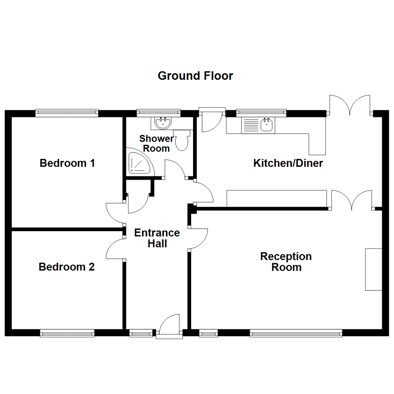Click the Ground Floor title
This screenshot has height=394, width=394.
click(x=195, y=76)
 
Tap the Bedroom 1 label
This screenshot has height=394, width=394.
click(x=67, y=163)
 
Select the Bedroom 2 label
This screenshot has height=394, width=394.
click(x=67, y=267)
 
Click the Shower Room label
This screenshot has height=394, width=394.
click(x=157, y=143)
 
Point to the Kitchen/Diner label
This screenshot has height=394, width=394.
click(x=288, y=163)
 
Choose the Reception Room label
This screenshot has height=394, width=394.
click(x=286, y=262)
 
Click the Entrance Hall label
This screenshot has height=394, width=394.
click(x=157, y=238)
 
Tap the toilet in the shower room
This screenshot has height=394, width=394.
click(x=182, y=140)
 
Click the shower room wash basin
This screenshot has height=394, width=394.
click(x=163, y=123)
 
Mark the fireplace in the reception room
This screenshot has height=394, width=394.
click(x=374, y=269)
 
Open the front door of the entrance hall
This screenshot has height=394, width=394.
click(x=169, y=325)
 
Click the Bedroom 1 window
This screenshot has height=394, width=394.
click(x=67, y=113)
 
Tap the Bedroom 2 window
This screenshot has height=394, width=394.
click(x=67, y=333)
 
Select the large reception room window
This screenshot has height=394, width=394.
click(x=296, y=333)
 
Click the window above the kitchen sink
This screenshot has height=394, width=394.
click(x=261, y=113)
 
